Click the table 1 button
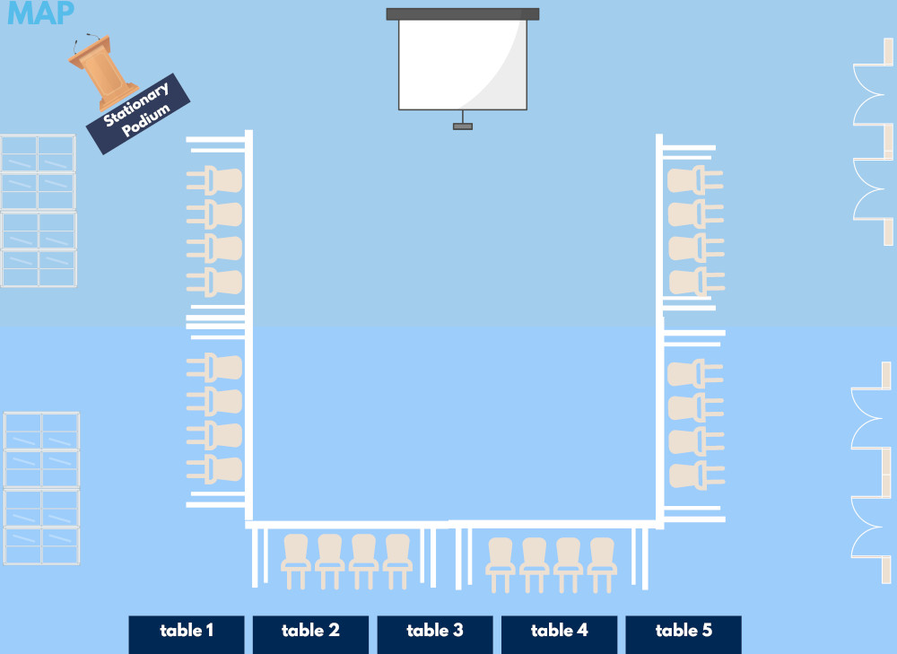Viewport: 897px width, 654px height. click(187, 634)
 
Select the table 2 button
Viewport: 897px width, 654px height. click(310, 634)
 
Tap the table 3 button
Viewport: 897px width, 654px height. click(435, 634)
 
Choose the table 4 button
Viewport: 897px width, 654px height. click(559, 634)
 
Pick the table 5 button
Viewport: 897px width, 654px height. click(684, 634)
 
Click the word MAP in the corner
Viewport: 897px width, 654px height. click(40, 13)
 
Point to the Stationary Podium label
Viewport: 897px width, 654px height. click(138, 113)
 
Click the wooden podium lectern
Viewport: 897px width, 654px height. click(102, 72)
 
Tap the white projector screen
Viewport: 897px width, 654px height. click(463, 65)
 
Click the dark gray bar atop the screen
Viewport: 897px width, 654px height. click(463, 13)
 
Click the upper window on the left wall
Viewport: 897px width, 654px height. click(39, 211)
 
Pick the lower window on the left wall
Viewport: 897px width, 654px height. click(41, 488)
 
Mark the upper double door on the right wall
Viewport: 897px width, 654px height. click(874, 142)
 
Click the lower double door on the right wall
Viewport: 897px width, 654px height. click(872, 473)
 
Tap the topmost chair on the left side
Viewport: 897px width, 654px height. click(215, 180)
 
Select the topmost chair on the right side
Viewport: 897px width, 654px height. click(695, 179)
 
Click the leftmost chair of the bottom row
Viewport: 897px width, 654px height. click(296, 561)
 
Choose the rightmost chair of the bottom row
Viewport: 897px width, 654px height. click(602, 565)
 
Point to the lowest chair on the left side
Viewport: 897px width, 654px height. click(215, 469)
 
